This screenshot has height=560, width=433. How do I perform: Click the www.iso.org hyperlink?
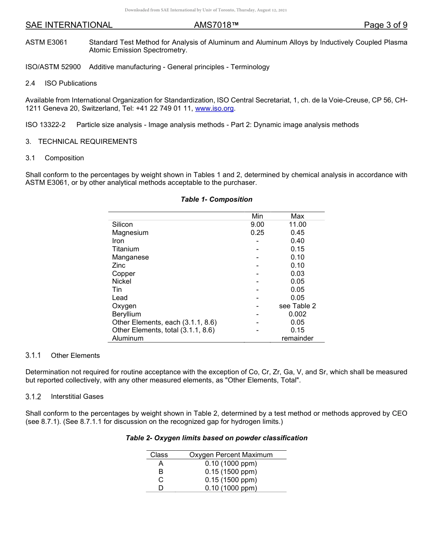point(214,108)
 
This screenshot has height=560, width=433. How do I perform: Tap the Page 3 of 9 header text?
point(385,25)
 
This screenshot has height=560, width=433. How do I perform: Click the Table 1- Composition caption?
point(216,199)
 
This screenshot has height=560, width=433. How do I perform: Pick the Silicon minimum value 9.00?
point(257,224)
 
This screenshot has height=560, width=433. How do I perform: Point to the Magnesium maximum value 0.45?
point(297,233)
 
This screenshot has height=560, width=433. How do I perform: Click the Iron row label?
point(118,241)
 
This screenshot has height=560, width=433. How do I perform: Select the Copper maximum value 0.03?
point(297,274)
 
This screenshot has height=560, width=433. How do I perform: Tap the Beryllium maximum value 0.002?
point(297,314)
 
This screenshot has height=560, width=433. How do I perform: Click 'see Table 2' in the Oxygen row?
point(297,306)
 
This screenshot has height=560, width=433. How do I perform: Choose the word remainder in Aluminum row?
point(297,338)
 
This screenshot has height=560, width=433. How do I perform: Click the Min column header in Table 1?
point(257,216)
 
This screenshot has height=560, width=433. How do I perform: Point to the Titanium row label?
point(125,249)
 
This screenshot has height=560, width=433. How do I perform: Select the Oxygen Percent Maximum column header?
point(231,455)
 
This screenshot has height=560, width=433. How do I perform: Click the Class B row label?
point(160,472)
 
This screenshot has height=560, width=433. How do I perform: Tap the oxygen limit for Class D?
point(231,488)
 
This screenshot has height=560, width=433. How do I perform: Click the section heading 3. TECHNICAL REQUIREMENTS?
point(81,142)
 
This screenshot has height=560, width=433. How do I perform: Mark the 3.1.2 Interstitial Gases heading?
point(64,397)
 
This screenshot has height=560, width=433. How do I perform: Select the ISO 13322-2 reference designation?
point(46,125)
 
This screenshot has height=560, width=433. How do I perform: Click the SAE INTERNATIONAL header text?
point(69,25)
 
